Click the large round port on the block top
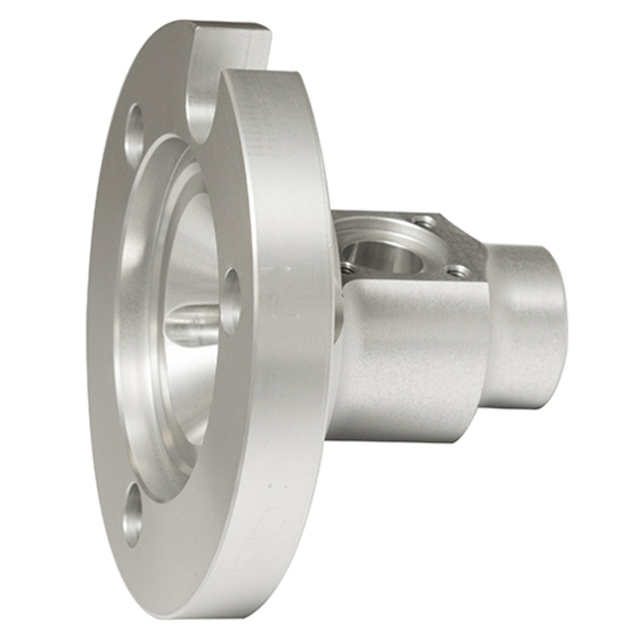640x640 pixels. [x=384, y=256]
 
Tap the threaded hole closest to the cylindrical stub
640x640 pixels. [x=458, y=271]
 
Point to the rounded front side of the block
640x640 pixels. [x=410, y=358]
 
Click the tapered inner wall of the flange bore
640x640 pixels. [x=186, y=256]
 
